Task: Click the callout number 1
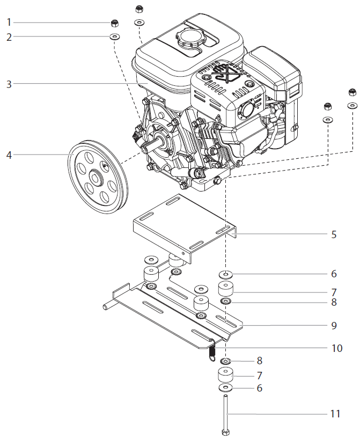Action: pyautogui.click(x=9, y=22)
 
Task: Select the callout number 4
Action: pyautogui.click(x=9, y=155)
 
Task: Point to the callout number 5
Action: pyautogui.click(x=334, y=234)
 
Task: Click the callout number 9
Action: pyautogui.click(x=334, y=325)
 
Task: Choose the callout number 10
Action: pyautogui.click(x=336, y=348)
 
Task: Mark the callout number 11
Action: pyautogui.click(x=335, y=414)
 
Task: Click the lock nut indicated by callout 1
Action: pyautogui.click(x=114, y=23)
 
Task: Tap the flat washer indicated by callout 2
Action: pyautogui.click(x=114, y=37)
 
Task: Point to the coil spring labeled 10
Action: pyautogui.click(x=212, y=350)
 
